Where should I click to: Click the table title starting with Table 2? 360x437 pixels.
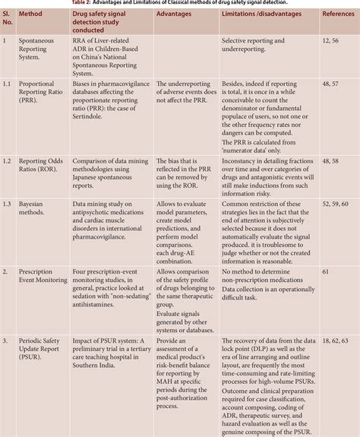(x=181, y=3)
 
